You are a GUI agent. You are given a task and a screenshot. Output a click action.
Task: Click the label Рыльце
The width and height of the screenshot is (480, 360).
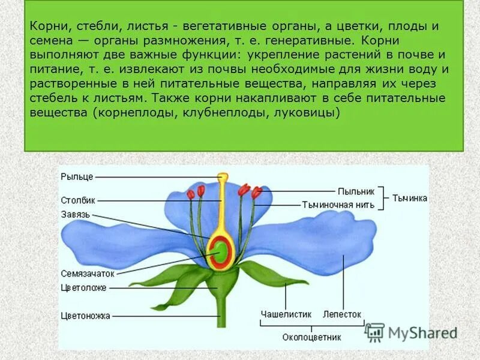pos(76,177)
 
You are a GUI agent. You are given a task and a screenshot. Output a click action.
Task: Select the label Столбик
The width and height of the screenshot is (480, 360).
pos(78,200)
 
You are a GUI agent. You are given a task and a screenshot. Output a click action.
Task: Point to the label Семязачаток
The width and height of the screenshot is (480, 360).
pos(87,273)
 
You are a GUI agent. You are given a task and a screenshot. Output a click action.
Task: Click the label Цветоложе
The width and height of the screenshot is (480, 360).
pos(83,287)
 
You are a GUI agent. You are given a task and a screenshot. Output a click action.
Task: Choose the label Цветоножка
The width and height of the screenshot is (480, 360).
pos(85,314)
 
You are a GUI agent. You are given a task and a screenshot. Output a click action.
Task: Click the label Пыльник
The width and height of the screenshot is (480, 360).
pos(356,191)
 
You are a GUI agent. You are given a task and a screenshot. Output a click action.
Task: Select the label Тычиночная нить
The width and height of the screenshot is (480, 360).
pos(338,205)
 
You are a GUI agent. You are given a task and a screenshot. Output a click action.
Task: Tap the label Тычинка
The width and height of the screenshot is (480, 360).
pos(410,198)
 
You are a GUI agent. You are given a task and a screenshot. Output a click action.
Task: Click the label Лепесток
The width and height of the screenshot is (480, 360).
pos(342,314)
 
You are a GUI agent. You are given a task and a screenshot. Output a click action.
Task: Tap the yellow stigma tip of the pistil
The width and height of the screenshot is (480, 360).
pos(223,177)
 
